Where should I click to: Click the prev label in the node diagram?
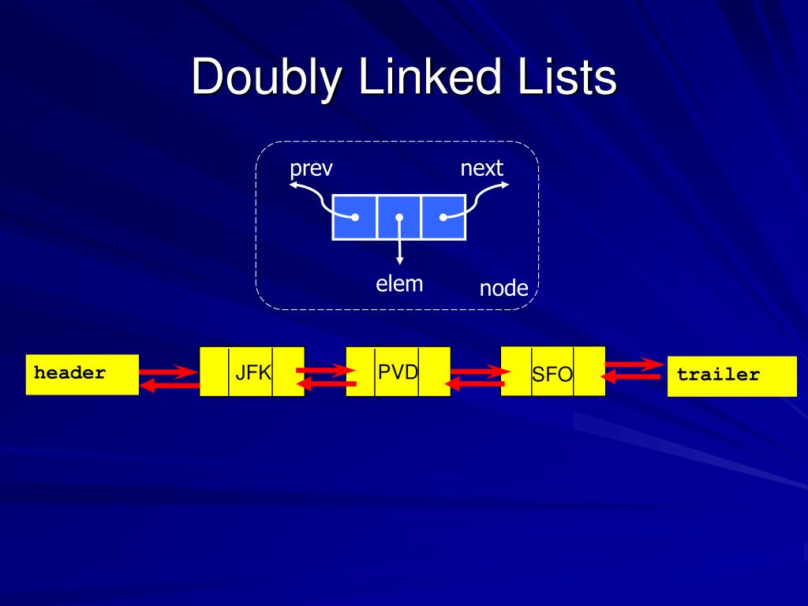click(x=311, y=168)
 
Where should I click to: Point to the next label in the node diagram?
click(x=481, y=167)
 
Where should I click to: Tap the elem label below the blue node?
click(x=399, y=283)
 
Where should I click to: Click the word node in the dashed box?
click(x=503, y=289)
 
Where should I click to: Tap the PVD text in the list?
click(x=398, y=372)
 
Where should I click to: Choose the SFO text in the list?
click(x=552, y=374)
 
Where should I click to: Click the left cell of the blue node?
click(x=354, y=217)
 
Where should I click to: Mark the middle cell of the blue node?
click(x=399, y=217)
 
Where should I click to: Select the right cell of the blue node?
click(x=443, y=217)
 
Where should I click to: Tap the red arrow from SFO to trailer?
click(x=634, y=364)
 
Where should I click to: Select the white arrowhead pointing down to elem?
click(x=399, y=260)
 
